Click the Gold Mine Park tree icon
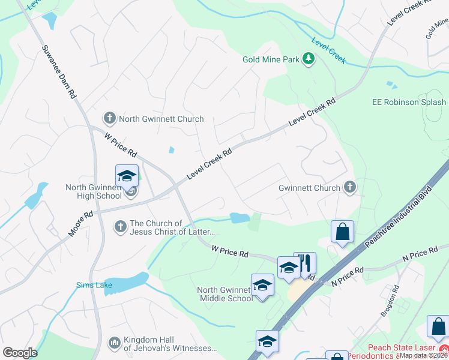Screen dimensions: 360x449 click(309, 59)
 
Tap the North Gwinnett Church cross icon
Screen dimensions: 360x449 click(109, 118)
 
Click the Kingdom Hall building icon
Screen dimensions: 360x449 click(114, 343)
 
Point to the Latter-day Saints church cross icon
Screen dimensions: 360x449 click(120, 227)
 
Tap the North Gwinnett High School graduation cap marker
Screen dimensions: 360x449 click(127, 176)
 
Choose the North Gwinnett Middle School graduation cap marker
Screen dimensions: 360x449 click(262, 285)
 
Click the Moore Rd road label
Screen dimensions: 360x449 click(80, 223)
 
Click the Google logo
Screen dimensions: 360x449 click(20, 353)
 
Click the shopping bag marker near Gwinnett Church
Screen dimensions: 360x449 click(342, 232)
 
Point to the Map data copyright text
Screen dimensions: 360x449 click(424, 355)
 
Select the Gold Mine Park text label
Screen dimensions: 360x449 click(271, 59)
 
